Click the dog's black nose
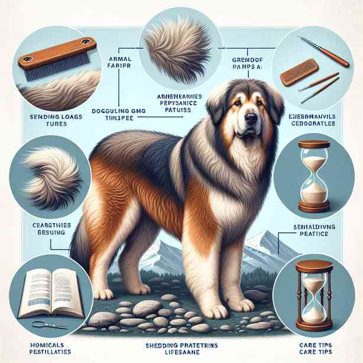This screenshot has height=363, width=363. click(251, 118)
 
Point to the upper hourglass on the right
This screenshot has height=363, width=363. click(314, 176)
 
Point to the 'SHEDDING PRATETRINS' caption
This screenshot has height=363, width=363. click(181, 346)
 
